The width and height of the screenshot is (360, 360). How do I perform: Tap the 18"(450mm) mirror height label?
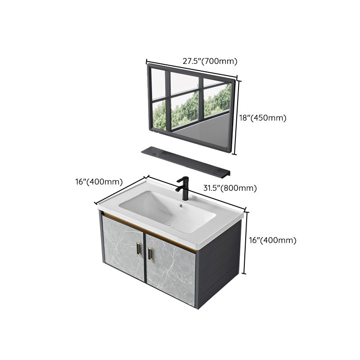pyautogui.click(x=262, y=118)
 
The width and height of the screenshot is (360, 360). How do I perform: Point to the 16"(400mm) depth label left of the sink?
pyautogui.click(x=99, y=182)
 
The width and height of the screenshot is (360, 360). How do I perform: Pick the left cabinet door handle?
pyautogui.click(x=138, y=248)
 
